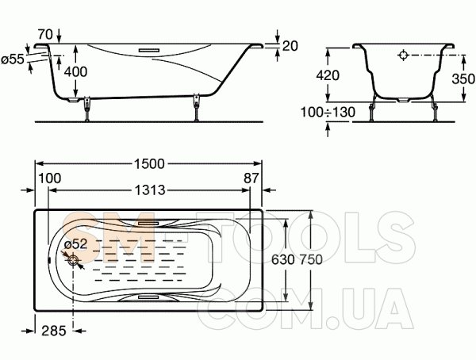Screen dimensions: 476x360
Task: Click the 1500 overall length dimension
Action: click(149, 164)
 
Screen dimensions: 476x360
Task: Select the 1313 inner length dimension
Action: click(150, 190)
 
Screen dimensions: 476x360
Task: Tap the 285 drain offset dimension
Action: click(54, 331)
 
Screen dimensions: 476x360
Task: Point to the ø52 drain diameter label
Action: click(76, 243)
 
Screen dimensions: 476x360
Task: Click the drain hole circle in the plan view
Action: click(73, 260)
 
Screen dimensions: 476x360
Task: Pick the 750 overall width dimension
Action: click(311, 259)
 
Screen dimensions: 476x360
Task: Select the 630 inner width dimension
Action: click(283, 259)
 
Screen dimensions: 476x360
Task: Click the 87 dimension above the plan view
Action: click(251, 178)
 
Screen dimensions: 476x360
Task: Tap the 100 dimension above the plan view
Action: click(50, 178)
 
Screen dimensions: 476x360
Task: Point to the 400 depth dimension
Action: click(76, 71)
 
